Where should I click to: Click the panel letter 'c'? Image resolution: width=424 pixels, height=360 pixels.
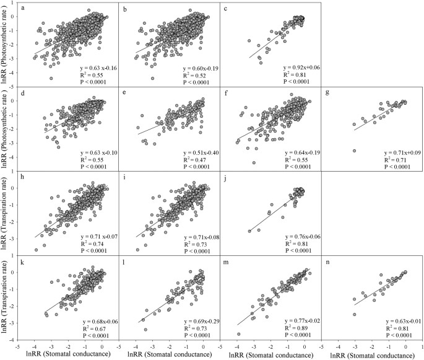point(227,8)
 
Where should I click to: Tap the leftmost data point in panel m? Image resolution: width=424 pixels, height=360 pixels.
point(240,334)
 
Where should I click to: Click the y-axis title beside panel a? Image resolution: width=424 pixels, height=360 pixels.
point(6,43)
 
